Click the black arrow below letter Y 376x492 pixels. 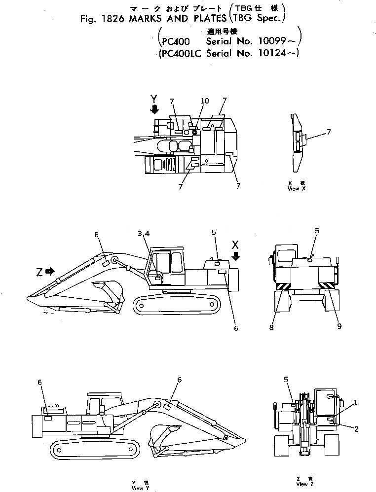(x=154, y=109)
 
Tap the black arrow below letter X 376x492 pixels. (x=235, y=256)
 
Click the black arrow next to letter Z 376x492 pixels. (x=49, y=271)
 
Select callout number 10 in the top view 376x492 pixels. (x=204, y=101)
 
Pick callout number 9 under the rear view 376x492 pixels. (x=339, y=326)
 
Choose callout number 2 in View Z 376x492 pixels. (x=356, y=428)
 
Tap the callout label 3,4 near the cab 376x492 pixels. (x=142, y=233)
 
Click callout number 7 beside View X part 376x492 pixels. (x=329, y=132)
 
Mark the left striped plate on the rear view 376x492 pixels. (x=284, y=286)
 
